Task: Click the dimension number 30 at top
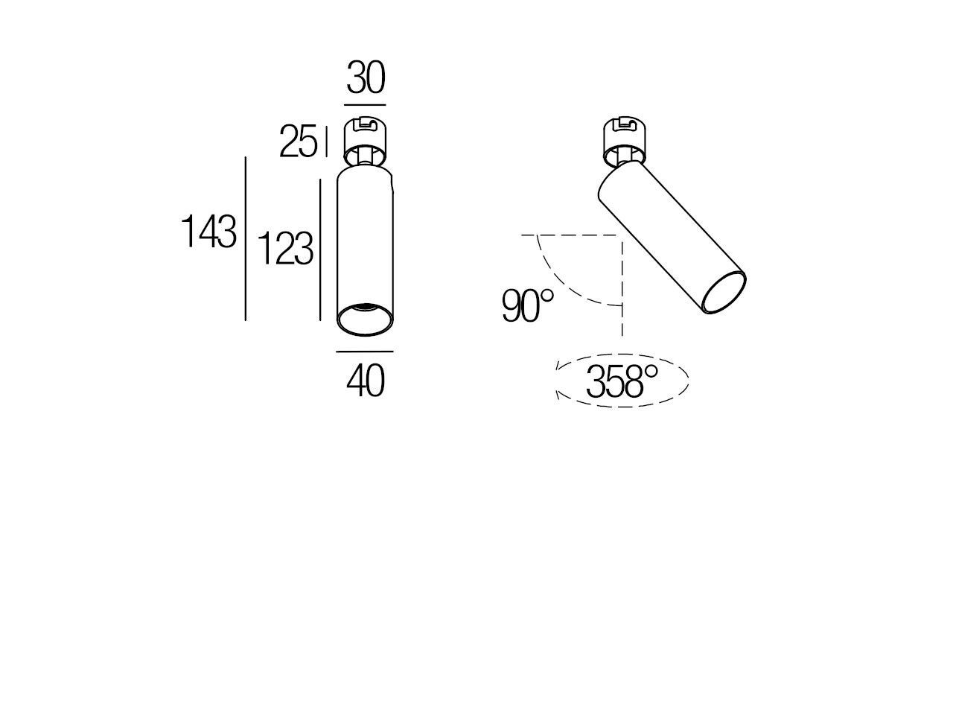(x=366, y=78)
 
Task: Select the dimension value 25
(x=298, y=142)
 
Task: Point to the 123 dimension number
(x=285, y=249)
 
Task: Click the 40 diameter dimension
(x=366, y=381)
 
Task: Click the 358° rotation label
(x=622, y=382)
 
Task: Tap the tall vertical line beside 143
(x=246, y=238)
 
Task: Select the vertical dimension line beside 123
(x=320, y=250)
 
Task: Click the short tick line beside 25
(x=326, y=142)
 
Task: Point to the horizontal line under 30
(x=366, y=104)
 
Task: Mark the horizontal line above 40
(x=365, y=351)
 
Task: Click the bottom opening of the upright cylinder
(x=365, y=319)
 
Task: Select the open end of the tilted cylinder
(x=724, y=293)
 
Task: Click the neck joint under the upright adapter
(x=365, y=158)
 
